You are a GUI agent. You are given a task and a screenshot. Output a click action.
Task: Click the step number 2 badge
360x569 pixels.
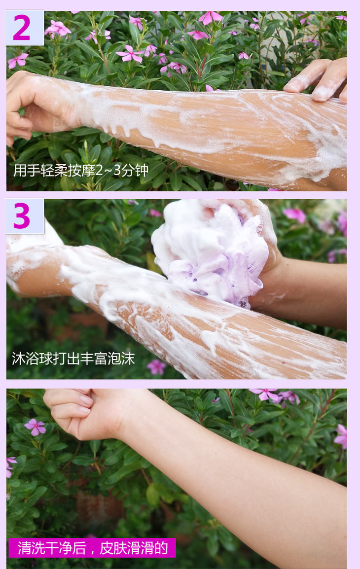click(x=24, y=28)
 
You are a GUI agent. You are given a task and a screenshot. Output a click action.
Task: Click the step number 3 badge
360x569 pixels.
click(x=24, y=216)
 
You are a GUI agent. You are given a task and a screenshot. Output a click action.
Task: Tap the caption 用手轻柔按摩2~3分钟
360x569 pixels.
click(x=80, y=170)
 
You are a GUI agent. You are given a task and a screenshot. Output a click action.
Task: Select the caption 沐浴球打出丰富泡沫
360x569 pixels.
click(x=73, y=358)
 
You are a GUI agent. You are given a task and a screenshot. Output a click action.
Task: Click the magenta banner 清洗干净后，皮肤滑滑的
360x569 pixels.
click(x=92, y=548)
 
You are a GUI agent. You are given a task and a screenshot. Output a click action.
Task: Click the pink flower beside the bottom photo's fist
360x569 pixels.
click(x=35, y=427)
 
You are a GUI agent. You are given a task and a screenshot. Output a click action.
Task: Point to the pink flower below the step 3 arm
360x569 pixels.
click(x=156, y=367)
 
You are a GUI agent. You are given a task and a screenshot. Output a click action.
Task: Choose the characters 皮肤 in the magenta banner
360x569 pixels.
click(x=113, y=548)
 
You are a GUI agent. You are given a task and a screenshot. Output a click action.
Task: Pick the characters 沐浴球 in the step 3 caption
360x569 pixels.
click(x=32, y=358)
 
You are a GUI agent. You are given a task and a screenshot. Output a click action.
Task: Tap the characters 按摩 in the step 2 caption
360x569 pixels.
click(x=81, y=170)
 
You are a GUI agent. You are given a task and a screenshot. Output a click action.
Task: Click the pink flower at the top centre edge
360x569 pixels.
click(x=211, y=17)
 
